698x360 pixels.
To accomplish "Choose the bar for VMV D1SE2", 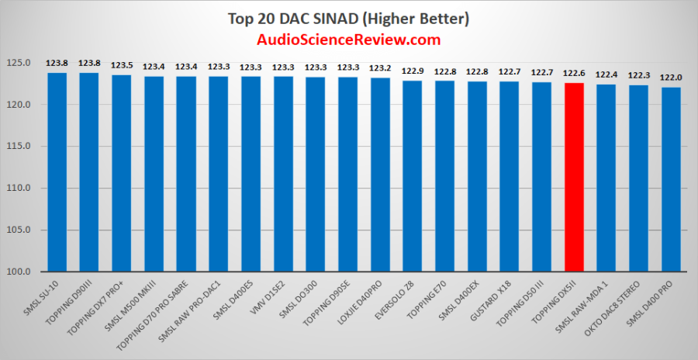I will [283, 174].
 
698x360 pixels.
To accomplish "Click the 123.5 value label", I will [122, 66].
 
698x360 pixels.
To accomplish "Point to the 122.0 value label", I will [671, 78].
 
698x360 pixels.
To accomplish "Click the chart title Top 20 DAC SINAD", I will [347, 17].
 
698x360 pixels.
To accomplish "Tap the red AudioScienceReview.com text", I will [347, 40].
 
